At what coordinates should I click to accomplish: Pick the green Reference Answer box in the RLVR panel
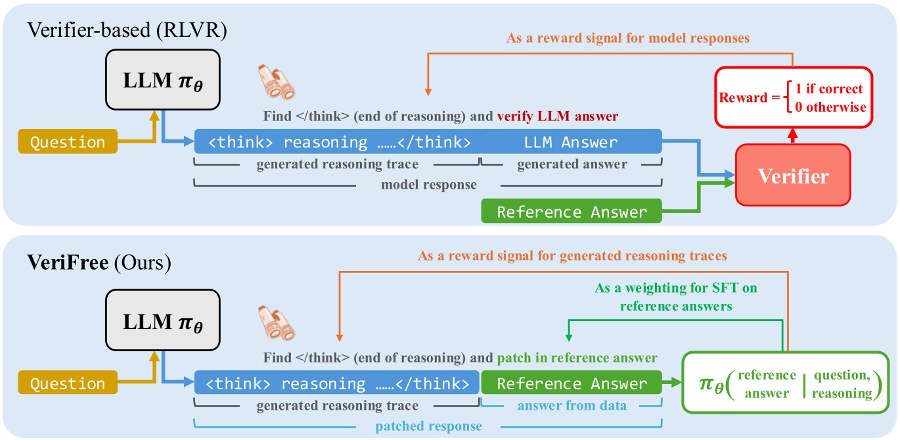tap(572, 212)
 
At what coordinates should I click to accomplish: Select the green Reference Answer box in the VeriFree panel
tap(572, 383)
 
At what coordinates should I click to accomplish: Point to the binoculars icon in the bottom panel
tap(274, 322)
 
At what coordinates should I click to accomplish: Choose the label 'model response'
tap(428, 185)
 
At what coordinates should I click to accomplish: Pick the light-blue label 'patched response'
tap(428, 426)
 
